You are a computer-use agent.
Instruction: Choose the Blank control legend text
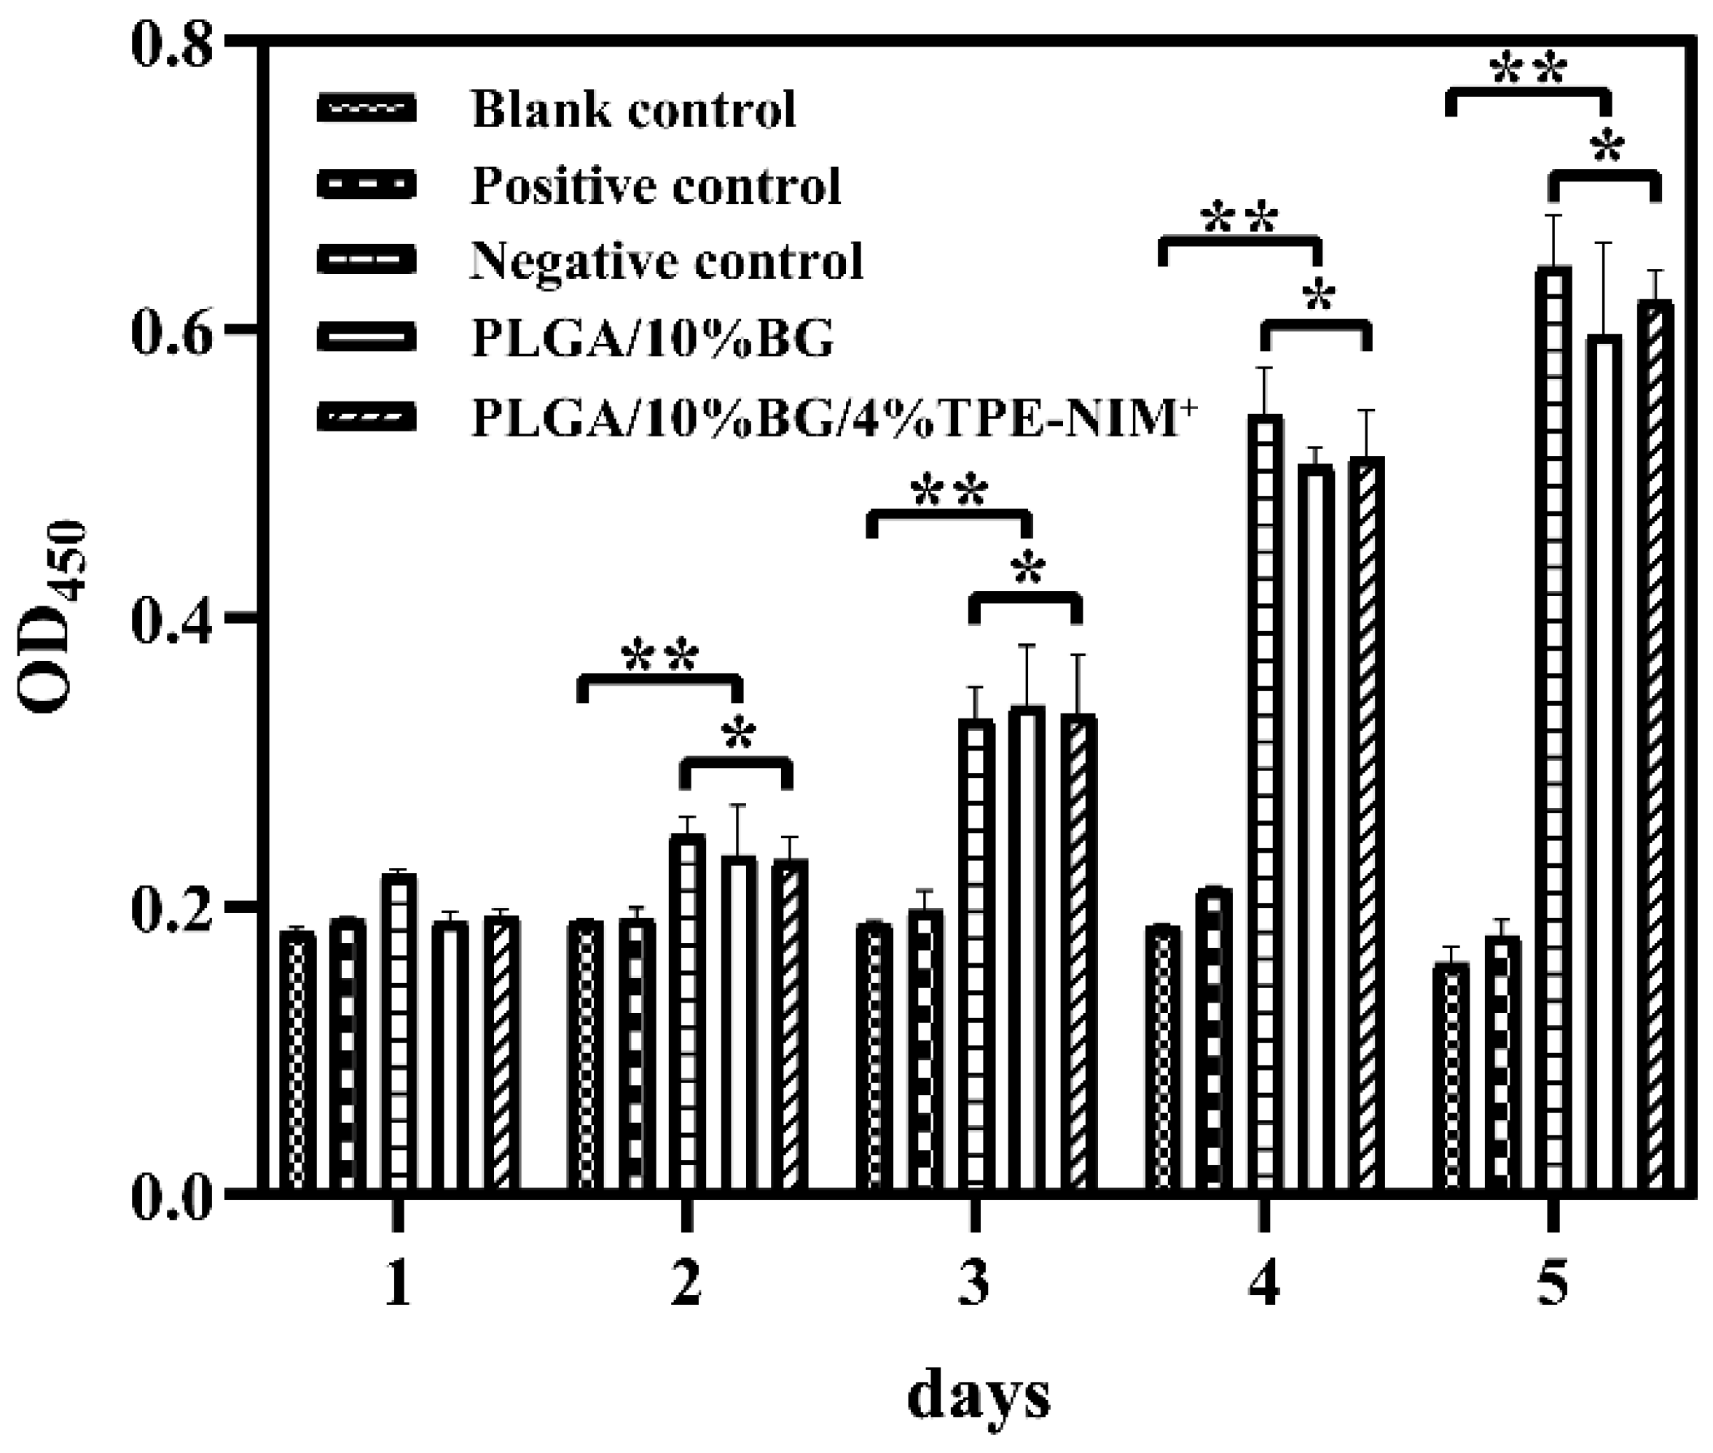[633, 109]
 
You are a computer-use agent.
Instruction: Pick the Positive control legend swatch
[366, 184]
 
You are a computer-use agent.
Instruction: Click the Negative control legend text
[666, 261]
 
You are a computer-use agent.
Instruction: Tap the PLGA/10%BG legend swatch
[366, 337]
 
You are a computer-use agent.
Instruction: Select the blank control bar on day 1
[297, 1062]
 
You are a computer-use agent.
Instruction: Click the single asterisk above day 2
[739, 735]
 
